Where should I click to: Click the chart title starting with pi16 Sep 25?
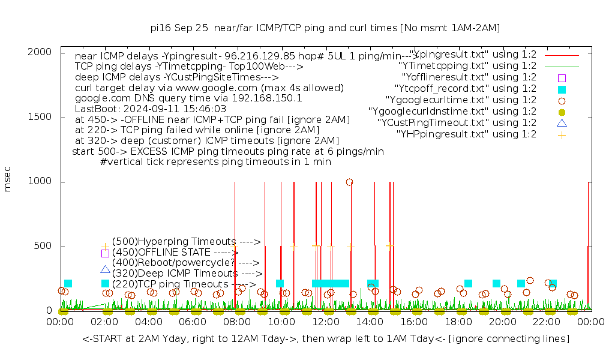[x=325, y=28]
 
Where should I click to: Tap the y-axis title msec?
[x=8, y=181]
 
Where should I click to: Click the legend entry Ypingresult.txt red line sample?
[x=562, y=55]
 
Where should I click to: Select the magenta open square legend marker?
[x=562, y=77]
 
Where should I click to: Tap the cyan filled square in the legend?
[x=562, y=89]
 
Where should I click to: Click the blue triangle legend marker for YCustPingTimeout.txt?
[x=562, y=123]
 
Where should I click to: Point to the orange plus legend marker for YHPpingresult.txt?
[x=562, y=134]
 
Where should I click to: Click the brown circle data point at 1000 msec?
[x=349, y=182]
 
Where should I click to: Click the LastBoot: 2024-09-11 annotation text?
[x=151, y=109]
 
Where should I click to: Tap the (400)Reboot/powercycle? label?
[x=185, y=262]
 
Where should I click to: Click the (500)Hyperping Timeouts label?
[x=186, y=241]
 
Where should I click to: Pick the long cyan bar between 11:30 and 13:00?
[x=331, y=283]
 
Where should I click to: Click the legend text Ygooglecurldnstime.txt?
[x=452, y=112]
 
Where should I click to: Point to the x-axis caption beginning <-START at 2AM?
[x=326, y=339]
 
